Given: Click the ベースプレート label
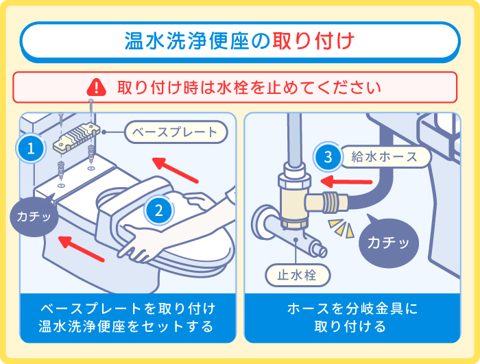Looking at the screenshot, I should point(174,132).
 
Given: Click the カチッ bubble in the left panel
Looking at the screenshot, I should point(34,217).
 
